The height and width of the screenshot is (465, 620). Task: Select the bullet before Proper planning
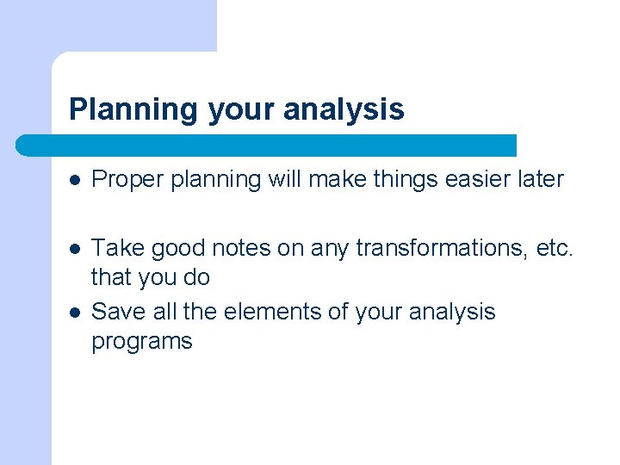[x=75, y=180]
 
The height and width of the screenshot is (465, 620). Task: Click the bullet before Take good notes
[x=75, y=249]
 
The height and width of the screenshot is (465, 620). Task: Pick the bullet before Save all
[x=75, y=312]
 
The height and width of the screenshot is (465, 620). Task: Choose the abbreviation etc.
[x=555, y=248]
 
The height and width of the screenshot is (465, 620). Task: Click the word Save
[x=119, y=311]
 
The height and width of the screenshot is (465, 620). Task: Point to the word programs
[x=141, y=342]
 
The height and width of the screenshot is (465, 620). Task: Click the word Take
[x=117, y=248]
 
